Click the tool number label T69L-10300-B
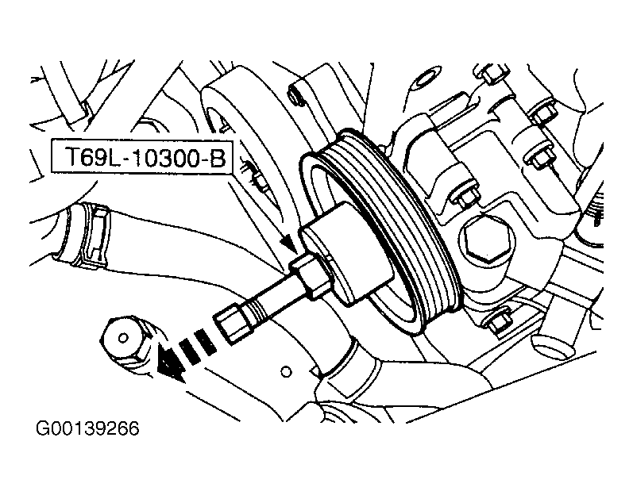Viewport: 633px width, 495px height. point(145,157)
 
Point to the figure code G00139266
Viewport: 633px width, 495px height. point(87,428)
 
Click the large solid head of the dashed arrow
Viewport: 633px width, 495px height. point(169,365)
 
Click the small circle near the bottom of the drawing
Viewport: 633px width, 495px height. point(286,371)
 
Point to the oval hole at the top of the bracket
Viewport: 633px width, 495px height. point(425,79)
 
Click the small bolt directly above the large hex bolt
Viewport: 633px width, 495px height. point(465,195)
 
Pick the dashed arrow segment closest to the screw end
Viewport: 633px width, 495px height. point(205,342)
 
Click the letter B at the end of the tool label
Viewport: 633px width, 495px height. point(217,157)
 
